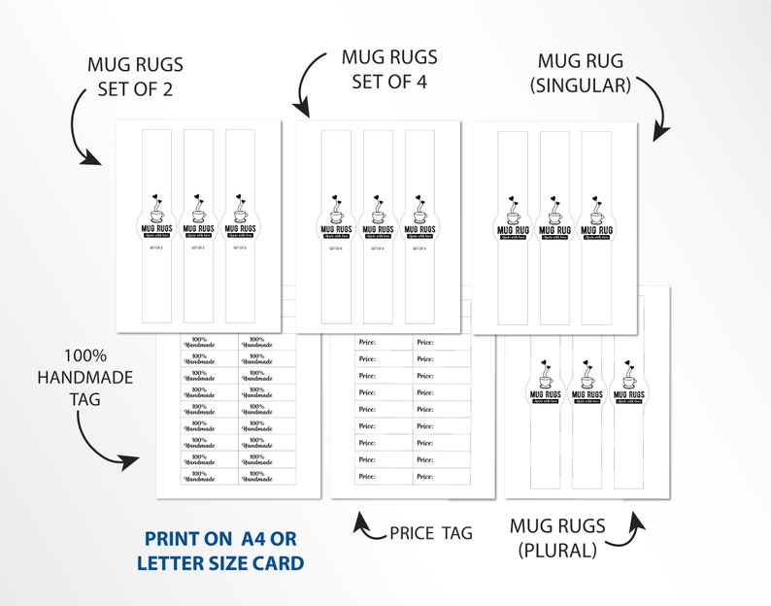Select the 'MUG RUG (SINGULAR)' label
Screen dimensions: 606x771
click(581, 74)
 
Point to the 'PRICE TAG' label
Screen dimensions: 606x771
click(430, 532)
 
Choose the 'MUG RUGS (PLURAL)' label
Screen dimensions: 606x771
click(557, 538)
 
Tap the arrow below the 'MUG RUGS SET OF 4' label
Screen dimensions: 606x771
click(310, 83)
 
